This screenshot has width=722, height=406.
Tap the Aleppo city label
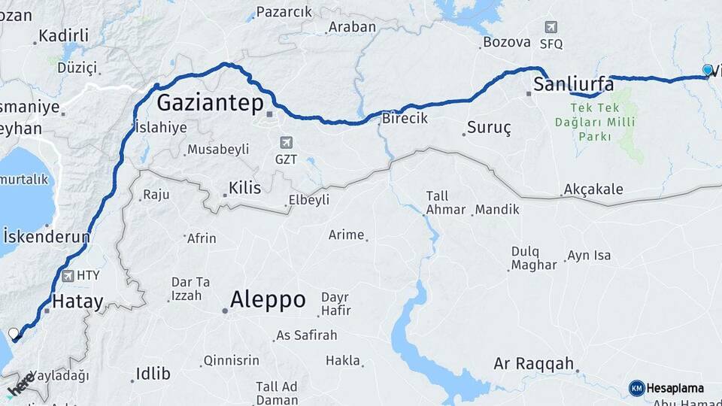click(x=268, y=300)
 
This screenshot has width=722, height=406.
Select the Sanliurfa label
click(x=574, y=84)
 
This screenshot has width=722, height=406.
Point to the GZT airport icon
click(x=285, y=142)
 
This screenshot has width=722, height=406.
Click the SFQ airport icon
click(x=551, y=28)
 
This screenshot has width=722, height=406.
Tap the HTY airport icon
click(x=69, y=276)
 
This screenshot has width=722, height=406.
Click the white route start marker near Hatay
click(x=14, y=333)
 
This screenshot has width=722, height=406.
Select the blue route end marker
click(x=708, y=70)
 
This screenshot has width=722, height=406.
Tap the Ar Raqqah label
click(x=534, y=364)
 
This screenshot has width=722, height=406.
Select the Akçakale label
click(x=593, y=189)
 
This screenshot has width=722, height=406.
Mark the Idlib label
click(x=153, y=374)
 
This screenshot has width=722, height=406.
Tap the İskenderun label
click(x=46, y=237)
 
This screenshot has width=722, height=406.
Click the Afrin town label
click(x=202, y=238)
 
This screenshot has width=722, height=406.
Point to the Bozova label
click(x=507, y=42)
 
